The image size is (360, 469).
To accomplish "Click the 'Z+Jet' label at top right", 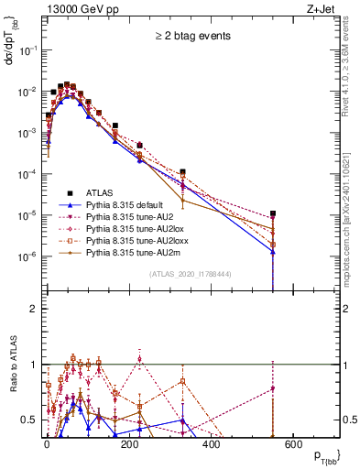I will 322,8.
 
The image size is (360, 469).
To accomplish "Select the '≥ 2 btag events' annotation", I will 191,36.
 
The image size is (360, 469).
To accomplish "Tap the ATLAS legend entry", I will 102,192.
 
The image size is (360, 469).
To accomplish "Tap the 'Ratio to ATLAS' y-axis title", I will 12,378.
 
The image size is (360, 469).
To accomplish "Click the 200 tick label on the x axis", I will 128,446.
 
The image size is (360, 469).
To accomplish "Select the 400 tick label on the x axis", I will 210,446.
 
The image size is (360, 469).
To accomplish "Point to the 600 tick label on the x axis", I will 292,446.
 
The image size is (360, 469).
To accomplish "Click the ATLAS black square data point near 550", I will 272,213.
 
